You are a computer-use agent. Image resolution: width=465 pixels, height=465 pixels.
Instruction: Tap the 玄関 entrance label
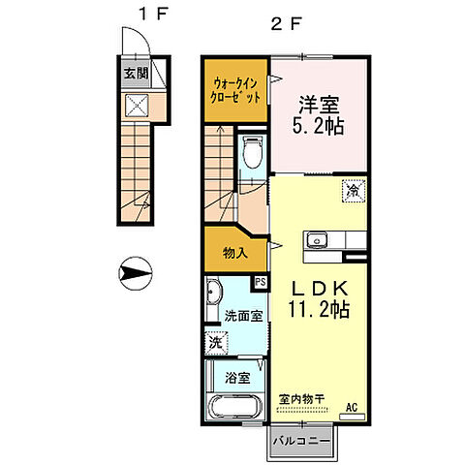coord(134,73)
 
